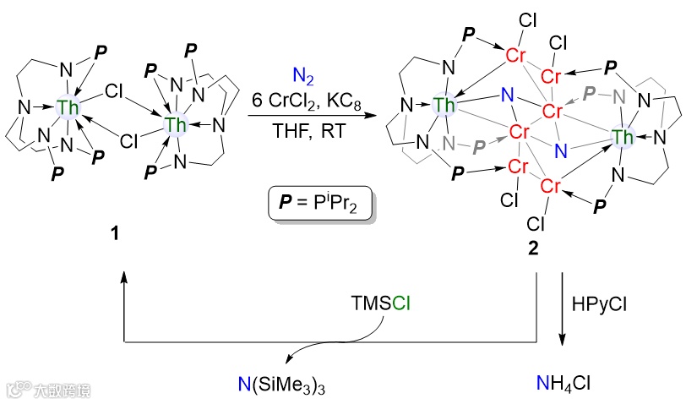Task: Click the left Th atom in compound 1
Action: [x=67, y=106]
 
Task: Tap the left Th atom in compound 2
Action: [x=443, y=105]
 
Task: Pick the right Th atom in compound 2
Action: [x=623, y=137]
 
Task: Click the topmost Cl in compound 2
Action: [x=528, y=19]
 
